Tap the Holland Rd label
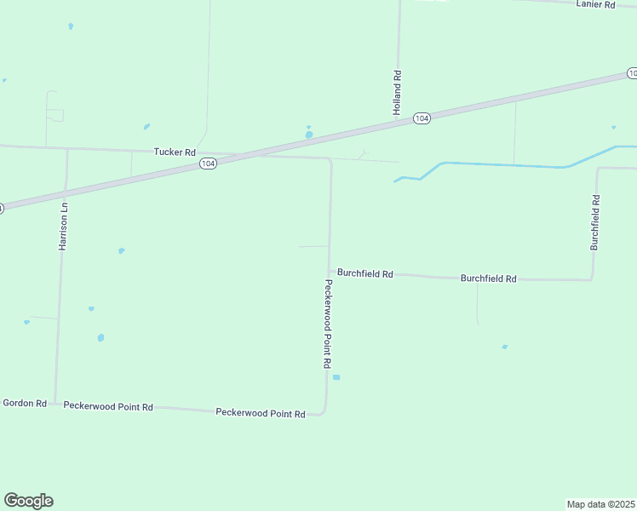click(397, 93)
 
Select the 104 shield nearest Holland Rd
click(422, 118)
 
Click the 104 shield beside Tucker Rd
click(208, 163)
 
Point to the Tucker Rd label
click(175, 152)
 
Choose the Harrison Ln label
click(62, 226)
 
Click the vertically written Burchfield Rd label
click(595, 222)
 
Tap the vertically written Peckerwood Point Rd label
click(327, 323)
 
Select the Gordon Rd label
click(25, 403)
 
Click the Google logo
click(28, 501)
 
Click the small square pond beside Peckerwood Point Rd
click(336, 377)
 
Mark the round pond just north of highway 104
click(309, 135)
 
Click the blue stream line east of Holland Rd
click(502, 164)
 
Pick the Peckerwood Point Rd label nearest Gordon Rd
click(108, 407)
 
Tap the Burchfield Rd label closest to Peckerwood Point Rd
click(364, 273)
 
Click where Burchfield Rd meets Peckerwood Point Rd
click(330, 273)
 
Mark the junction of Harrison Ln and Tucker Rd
click(67, 149)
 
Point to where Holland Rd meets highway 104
click(398, 123)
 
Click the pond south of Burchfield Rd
click(505, 347)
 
